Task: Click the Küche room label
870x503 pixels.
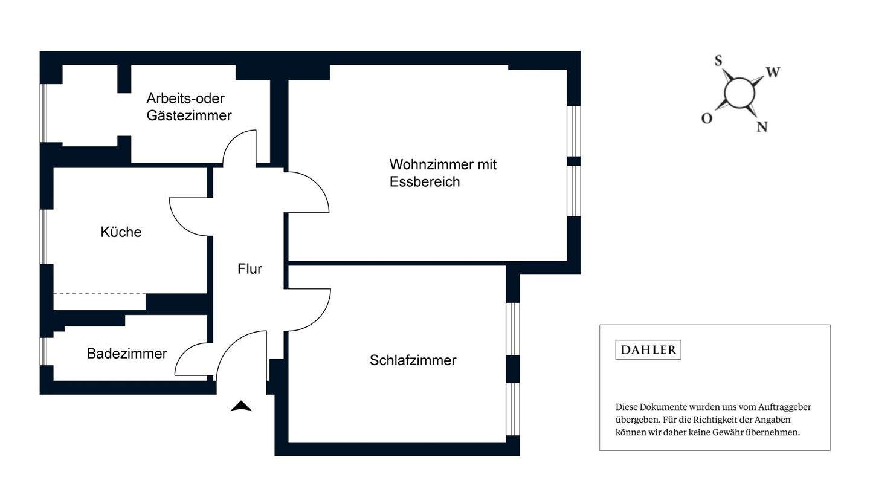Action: pyautogui.click(x=121, y=232)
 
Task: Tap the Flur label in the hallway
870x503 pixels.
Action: pyautogui.click(x=250, y=269)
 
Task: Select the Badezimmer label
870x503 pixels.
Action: pyautogui.click(x=127, y=354)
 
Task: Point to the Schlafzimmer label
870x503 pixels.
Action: pyautogui.click(x=413, y=360)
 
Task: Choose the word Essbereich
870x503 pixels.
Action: pyautogui.click(x=424, y=182)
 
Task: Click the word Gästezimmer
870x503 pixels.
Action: pyautogui.click(x=188, y=115)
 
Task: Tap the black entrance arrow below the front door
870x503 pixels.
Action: pyautogui.click(x=241, y=406)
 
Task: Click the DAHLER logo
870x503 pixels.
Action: pyautogui.click(x=648, y=350)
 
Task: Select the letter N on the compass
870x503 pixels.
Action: pyautogui.click(x=762, y=126)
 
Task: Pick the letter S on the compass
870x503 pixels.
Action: pyautogui.click(x=718, y=60)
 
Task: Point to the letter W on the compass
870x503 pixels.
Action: pyautogui.click(x=773, y=73)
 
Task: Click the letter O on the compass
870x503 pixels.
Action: pyautogui.click(x=706, y=118)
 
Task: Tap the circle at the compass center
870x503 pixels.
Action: pyautogui.click(x=739, y=93)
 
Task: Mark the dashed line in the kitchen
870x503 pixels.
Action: pyautogui.click(x=100, y=294)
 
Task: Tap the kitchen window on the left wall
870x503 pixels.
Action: pyautogui.click(x=43, y=236)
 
